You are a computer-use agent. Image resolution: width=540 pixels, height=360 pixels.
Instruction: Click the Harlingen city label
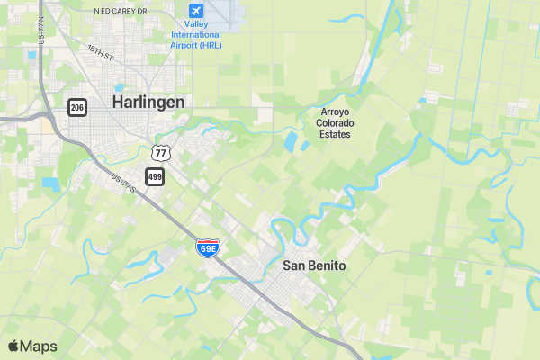coord(148,103)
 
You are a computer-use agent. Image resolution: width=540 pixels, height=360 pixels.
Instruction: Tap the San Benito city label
coord(314,265)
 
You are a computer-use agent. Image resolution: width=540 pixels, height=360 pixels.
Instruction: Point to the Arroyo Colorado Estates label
coord(336,123)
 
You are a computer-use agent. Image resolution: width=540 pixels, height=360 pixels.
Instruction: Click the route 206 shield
coord(77,107)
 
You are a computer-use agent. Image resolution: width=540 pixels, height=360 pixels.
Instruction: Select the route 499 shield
coord(155,176)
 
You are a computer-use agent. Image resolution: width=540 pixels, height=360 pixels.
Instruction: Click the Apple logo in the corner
coord(13,346)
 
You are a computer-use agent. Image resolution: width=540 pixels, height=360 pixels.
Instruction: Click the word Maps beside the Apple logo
coord(39,346)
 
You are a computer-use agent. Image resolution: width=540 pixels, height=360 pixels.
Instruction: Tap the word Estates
coord(336,135)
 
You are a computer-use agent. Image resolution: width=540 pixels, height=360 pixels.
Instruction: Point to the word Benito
coord(327,265)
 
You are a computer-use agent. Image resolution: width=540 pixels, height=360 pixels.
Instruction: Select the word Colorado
coord(336,123)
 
